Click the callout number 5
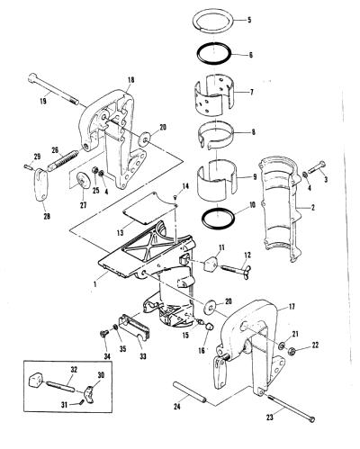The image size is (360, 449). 249,21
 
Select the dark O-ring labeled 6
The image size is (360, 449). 214,46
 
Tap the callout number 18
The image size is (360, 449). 130,80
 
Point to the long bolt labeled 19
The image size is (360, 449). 53,89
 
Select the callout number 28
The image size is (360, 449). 47,216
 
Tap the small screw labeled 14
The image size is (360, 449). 175,197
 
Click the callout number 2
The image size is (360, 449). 312,207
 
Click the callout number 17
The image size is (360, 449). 292,307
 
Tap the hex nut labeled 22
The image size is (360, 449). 291,351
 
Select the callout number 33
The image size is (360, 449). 143,356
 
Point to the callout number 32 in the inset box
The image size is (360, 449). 74,370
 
